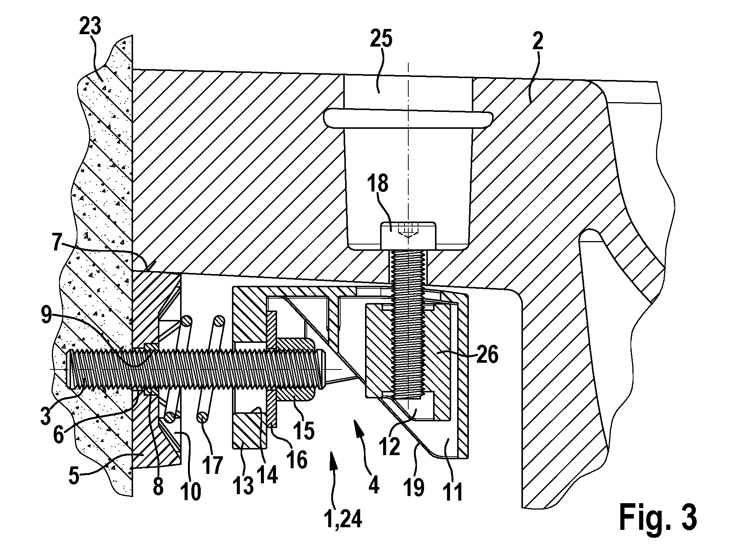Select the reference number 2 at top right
(537, 41)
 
